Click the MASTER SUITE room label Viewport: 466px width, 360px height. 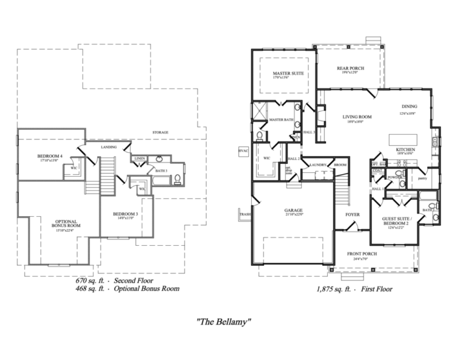click(x=284, y=73)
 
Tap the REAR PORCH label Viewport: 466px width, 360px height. click(x=350, y=69)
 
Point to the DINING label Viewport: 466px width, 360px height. click(x=408, y=107)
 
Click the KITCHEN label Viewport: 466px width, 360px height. click(x=405, y=149)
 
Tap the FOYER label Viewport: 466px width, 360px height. click(x=353, y=214)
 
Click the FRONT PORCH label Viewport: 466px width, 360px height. click(x=362, y=253)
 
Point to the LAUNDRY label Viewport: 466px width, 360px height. click(x=318, y=165)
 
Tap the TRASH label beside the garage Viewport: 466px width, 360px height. click(x=245, y=215)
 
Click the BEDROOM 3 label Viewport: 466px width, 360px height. click(x=126, y=214)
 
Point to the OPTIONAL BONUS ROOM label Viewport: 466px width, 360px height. click(x=65, y=224)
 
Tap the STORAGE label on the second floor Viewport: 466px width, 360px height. click(x=161, y=132)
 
